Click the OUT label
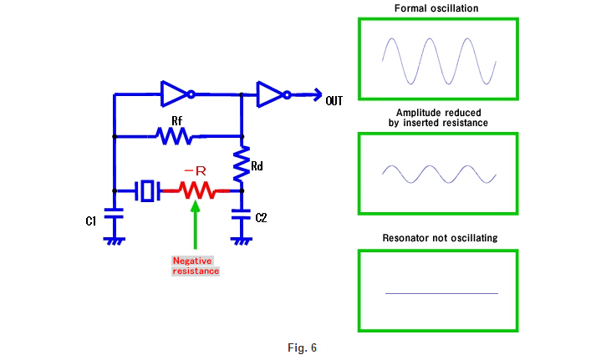334,100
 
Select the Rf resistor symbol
176,135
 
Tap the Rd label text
257,166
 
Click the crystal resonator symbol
149,190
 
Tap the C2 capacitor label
261,218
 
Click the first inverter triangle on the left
175,93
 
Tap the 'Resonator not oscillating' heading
439,238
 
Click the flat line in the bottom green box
441,293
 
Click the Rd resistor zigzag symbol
241,166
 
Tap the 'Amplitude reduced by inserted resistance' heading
439,117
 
